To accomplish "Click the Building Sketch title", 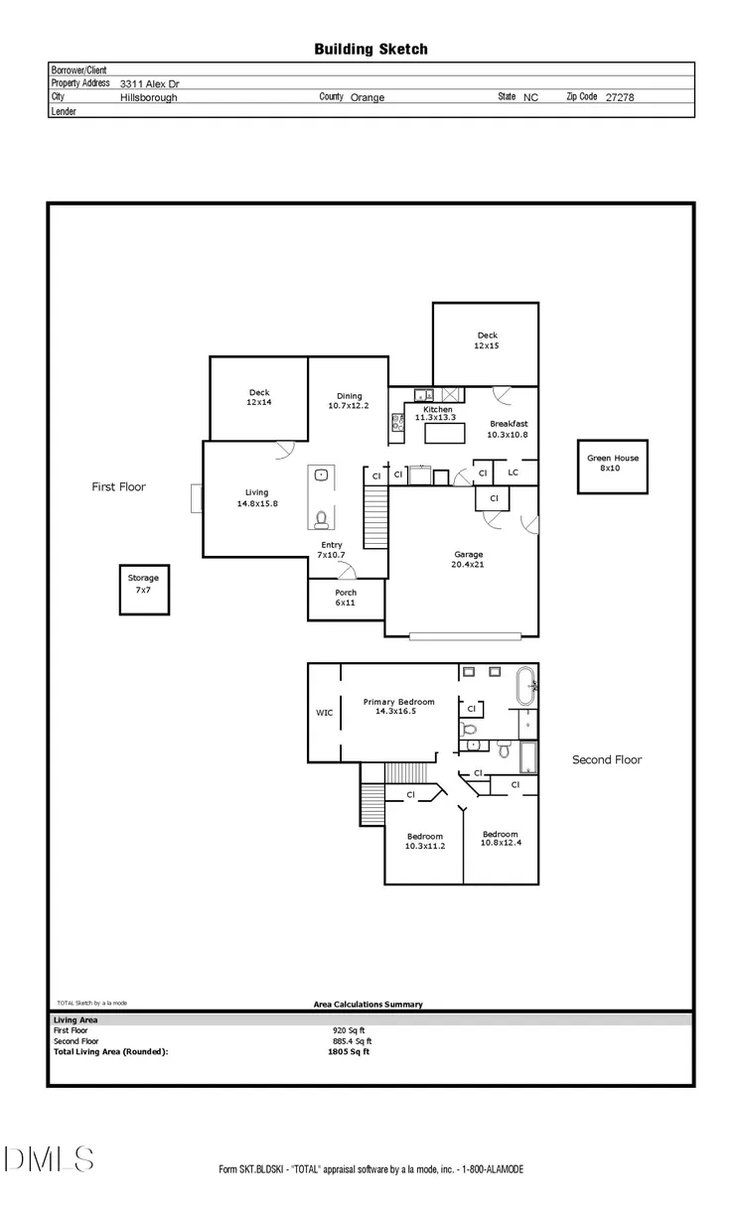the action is pos(371,50).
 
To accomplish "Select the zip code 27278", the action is pos(620,97).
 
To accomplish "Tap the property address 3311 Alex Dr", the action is pos(149,84).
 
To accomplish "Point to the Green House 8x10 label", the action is pos(613,463).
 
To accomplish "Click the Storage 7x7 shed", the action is pos(144,590).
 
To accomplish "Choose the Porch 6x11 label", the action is pos(346,598).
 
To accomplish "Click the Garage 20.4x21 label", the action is pos(468,559).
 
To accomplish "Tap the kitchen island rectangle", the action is pos(445,434).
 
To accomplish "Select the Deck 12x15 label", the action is pos(487,340).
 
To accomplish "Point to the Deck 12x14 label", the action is pos(259,397).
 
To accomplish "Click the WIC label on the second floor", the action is pos(325,713).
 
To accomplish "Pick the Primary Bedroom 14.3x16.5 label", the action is pos(398,706).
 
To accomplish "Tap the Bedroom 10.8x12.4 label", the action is pos(501,838).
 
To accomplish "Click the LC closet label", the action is pos(513,472).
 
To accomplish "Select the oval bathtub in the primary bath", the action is pos(525,686).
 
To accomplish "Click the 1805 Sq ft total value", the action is pos(349,1052).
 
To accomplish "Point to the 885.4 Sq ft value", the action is pos(353,1041).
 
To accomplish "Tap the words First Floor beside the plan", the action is pos(119,487).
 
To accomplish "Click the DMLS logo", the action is pos(49,1159).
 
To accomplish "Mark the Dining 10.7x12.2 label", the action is pos(349,401).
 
